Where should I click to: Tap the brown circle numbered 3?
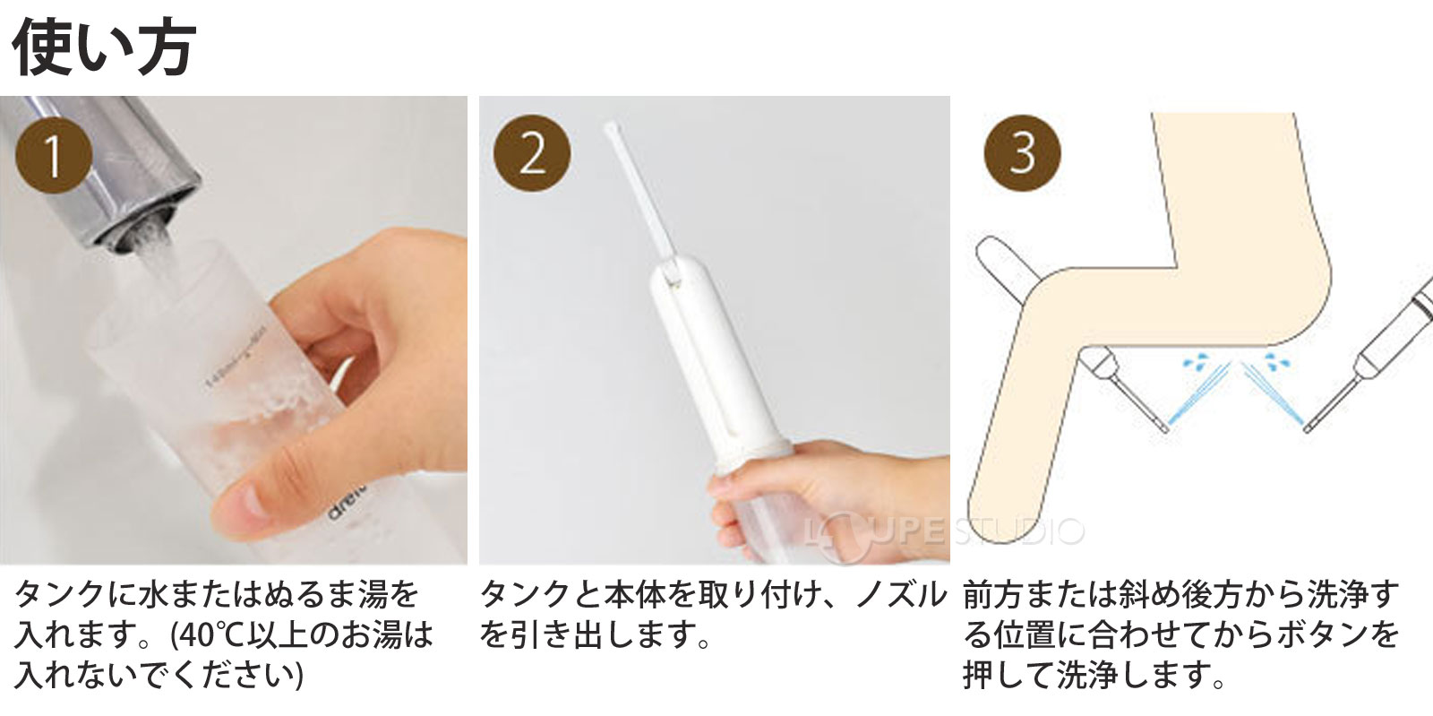[x=1022, y=153]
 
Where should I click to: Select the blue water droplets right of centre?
[x=1274, y=364]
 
